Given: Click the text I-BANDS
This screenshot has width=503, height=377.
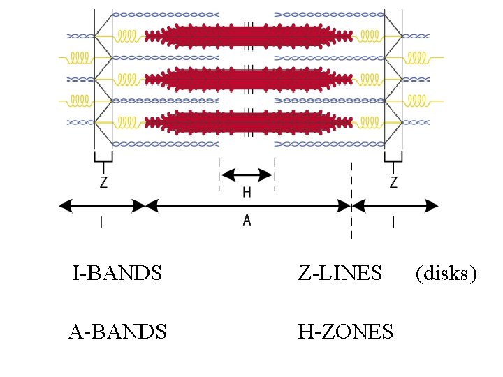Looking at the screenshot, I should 117,273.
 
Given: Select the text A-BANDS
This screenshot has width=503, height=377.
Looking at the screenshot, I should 117,332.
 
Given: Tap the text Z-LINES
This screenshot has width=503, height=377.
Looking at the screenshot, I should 340,273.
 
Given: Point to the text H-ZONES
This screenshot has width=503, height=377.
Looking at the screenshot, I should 346,332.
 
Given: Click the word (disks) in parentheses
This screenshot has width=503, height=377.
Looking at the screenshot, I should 446,273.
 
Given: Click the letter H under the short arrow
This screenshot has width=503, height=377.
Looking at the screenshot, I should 247,191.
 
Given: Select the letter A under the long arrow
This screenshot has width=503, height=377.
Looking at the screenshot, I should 247,220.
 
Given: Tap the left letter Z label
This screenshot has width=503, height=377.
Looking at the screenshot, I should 103,183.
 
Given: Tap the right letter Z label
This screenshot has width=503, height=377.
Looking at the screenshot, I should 393,183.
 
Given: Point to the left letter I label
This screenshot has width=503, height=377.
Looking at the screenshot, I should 102,222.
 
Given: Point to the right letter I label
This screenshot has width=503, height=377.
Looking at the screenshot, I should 394,222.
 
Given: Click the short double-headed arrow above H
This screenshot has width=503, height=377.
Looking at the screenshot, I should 247,175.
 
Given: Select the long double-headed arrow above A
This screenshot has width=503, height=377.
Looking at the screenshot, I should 247,205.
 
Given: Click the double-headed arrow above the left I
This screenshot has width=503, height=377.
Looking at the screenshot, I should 102,205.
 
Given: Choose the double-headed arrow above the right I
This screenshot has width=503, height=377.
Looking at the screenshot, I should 395,205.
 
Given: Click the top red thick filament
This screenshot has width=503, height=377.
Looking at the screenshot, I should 247,36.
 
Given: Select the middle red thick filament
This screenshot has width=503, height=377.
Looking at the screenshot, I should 247,79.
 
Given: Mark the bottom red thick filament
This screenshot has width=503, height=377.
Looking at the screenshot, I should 247,122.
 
